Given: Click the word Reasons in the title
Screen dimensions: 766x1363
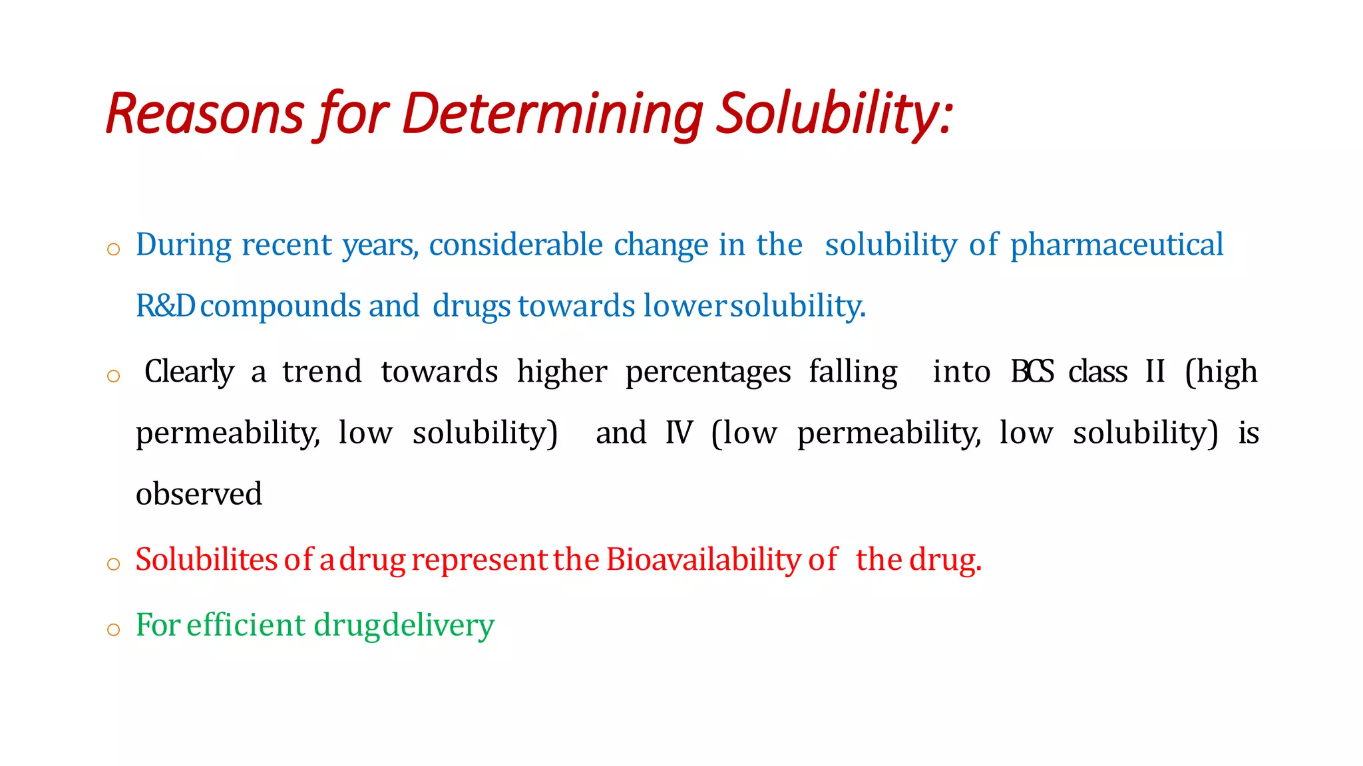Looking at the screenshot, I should click(x=204, y=114).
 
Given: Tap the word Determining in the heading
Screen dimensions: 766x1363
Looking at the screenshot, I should click(x=552, y=114).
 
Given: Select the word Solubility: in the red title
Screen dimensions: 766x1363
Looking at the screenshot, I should click(x=836, y=114).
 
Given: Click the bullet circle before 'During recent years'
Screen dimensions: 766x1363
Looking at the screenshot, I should click(x=114, y=249).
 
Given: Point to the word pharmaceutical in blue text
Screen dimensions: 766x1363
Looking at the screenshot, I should click(x=1116, y=245).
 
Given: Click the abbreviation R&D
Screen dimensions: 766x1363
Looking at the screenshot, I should click(x=165, y=306).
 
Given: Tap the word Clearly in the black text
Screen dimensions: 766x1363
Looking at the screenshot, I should click(x=189, y=372).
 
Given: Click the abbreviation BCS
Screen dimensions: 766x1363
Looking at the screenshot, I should click(x=1032, y=372).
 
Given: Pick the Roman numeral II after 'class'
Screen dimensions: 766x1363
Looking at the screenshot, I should click(x=1155, y=372).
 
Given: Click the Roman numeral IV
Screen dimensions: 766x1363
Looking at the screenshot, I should click(x=679, y=433).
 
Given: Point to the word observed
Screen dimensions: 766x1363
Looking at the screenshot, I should click(x=198, y=494).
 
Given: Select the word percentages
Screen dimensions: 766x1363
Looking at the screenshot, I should click(x=708, y=372).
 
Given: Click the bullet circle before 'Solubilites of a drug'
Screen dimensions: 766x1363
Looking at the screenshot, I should click(x=114, y=565).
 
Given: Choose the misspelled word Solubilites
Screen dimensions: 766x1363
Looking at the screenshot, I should click(x=206, y=560).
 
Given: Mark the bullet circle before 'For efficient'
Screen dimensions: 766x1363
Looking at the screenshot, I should click(x=114, y=629).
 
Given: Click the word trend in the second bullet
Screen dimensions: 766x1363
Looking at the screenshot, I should click(x=322, y=372).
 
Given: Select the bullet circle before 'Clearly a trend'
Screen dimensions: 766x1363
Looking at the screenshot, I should click(x=114, y=376).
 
